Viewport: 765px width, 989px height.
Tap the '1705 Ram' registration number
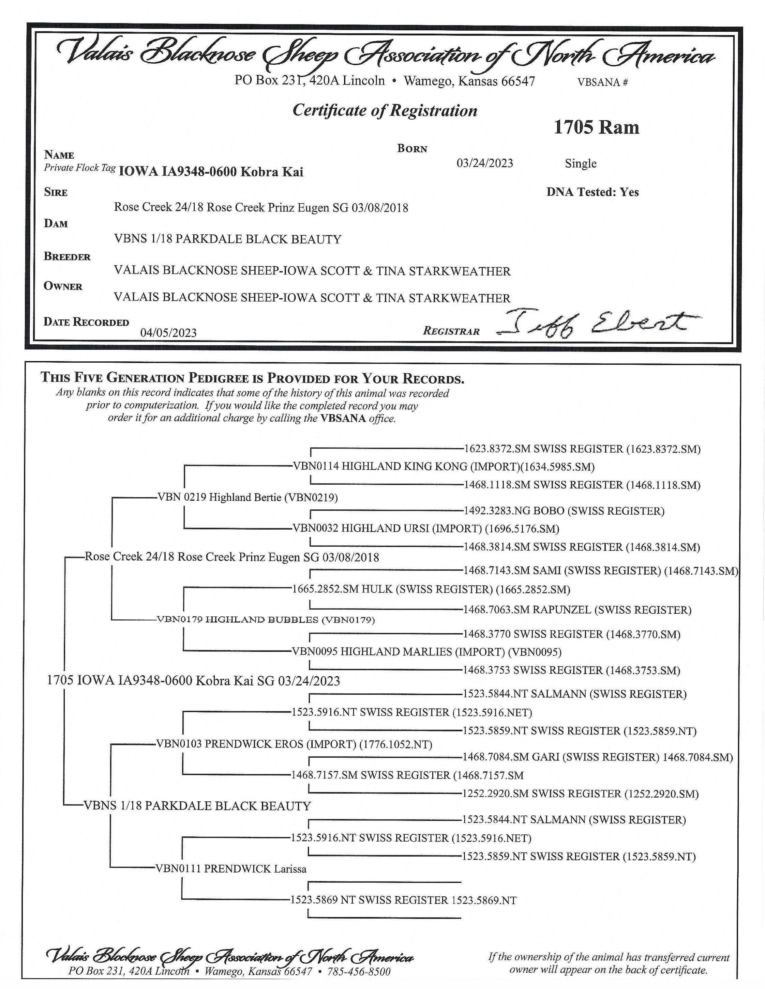(596, 127)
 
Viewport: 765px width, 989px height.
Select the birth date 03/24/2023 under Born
(484, 163)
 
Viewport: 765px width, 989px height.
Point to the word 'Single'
(580, 163)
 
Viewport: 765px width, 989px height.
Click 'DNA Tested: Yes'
(592, 192)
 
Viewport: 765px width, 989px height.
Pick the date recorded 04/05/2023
(168, 333)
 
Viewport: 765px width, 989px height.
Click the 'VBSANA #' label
(602, 82)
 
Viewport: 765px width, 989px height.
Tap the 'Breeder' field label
(67, 257)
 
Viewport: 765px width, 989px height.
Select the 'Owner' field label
(63, 286)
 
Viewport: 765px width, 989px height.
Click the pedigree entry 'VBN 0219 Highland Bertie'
(247, 497)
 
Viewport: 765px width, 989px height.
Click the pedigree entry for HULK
(431, 589)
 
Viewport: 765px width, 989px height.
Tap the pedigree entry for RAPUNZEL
(577, 610)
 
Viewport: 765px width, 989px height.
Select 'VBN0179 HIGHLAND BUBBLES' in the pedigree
(266, 619)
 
